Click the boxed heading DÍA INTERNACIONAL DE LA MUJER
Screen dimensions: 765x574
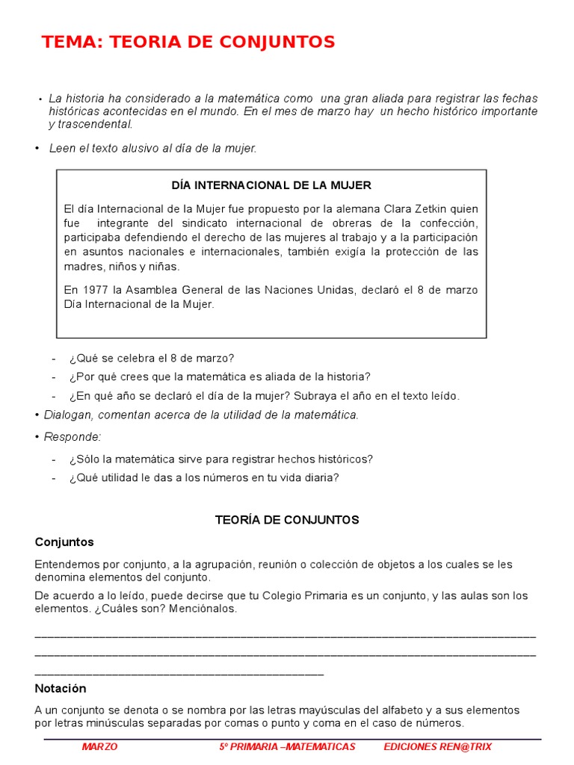[x=271, y=185]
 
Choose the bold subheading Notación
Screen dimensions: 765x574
[x=61, y=688]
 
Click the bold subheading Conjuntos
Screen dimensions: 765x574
[x=64, y=542]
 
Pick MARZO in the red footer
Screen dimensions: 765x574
[x=99, y=747]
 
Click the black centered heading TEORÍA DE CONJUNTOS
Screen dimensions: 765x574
[x=287, y=519]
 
